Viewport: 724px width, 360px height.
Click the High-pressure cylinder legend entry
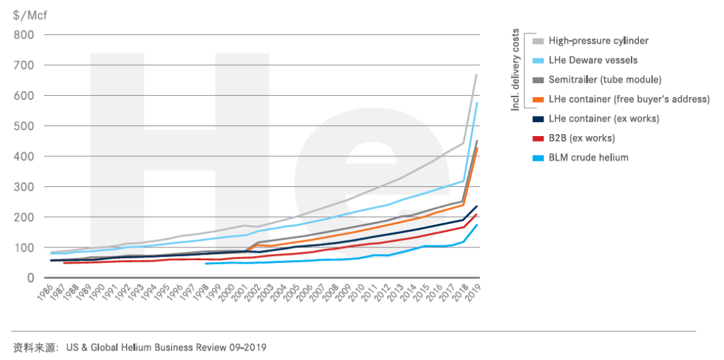(598, 41)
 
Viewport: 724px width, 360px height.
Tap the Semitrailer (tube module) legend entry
(605, 80)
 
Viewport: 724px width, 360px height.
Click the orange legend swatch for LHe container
(538, 99)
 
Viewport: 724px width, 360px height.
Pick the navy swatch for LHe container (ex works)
(538, 119)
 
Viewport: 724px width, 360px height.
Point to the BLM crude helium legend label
(588, 158)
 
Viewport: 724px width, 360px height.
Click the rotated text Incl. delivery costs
(516, 69)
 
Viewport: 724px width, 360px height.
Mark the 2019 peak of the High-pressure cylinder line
(476, 74)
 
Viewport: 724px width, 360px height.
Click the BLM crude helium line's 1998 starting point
(206, 263)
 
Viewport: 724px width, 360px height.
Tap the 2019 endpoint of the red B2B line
(476, 215)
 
